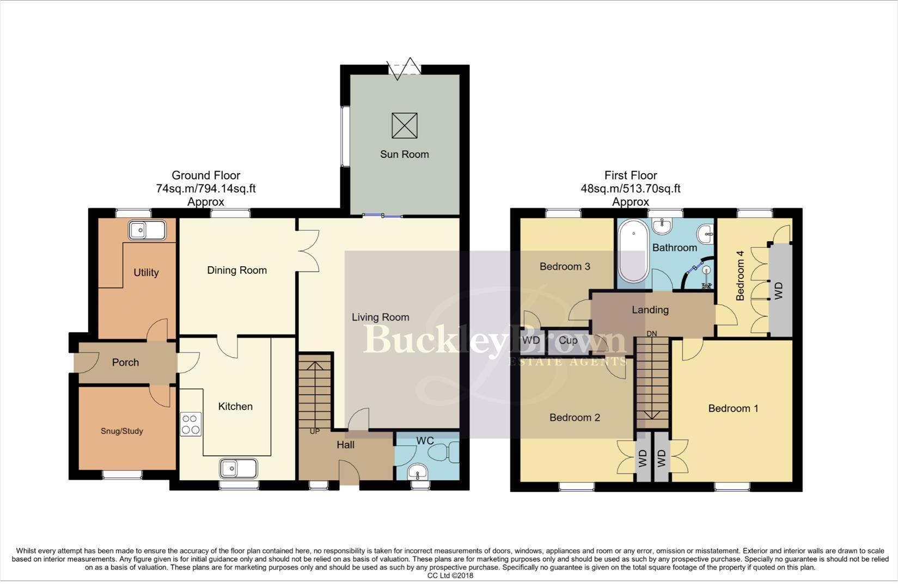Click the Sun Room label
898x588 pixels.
pos(404,154)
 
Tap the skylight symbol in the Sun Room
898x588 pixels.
pos(404,126)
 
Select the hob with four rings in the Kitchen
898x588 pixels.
pos(191,424)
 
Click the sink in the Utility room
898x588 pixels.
pos(147,231)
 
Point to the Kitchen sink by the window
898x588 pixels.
pos(239,468)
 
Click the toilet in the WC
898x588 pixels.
pos(443,452)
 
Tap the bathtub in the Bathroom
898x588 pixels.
pos(633,250)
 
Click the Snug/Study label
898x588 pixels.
pos(122,431)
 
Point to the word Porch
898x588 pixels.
pos(125,363)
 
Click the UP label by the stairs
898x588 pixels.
pos(315,432)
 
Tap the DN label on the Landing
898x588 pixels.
pos(651,333)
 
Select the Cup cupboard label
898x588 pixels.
pos(568,341)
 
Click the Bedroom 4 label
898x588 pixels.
pos(740,279)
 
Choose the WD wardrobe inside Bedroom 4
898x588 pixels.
pos(779,290)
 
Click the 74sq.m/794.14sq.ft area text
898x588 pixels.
pos(206,189)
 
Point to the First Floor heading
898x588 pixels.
pos(631,175)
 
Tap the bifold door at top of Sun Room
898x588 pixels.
pos(405,69)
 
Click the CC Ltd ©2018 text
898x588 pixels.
pos(450,575)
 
